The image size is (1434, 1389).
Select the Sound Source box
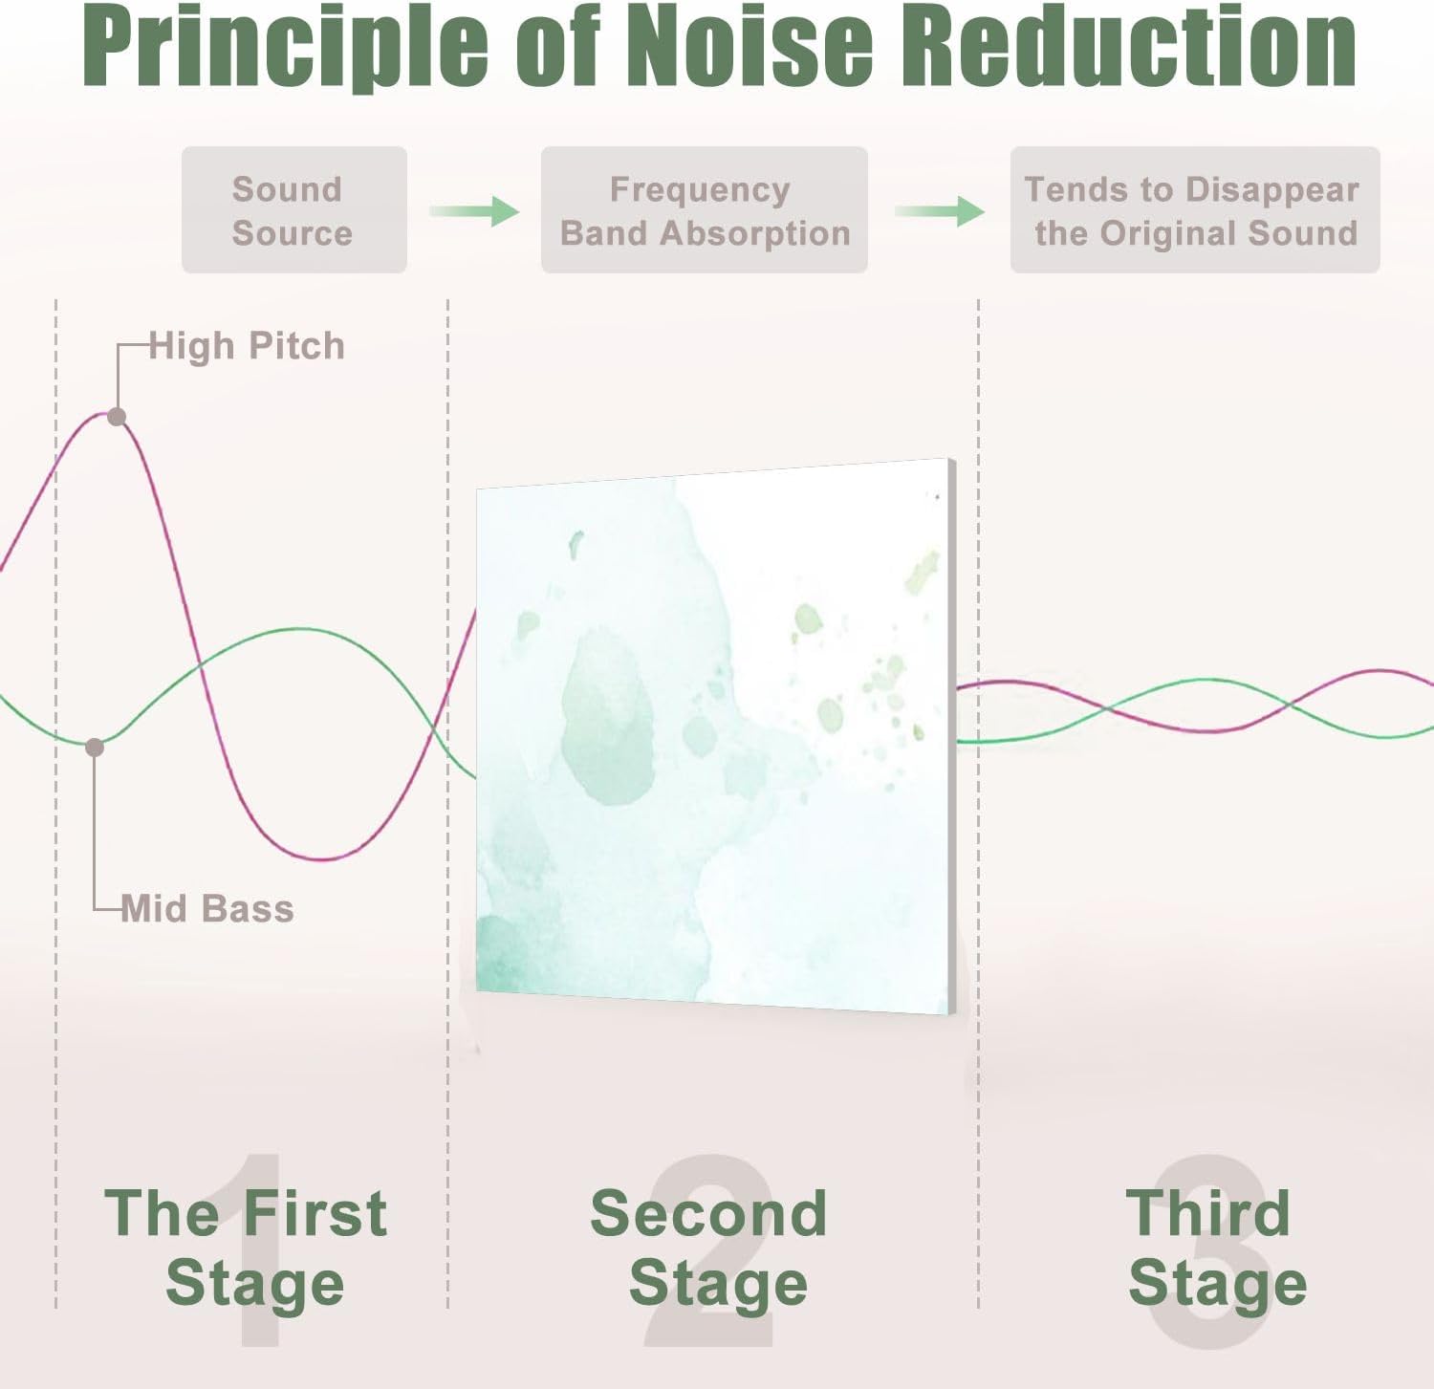coord(293,210)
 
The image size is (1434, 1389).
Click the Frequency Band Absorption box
coord(704,210)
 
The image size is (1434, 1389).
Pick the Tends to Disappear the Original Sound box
coord(1194,210)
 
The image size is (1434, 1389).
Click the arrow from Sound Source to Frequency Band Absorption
coord(474,210)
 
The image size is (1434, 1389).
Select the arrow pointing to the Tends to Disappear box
coord(940,210)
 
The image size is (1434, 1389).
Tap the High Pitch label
coord(247,346)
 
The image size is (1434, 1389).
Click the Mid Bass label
coord(207,908)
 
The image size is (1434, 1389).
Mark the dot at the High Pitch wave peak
coord(117,417)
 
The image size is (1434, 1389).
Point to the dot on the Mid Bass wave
coord(95,747)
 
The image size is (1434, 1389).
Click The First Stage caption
coord(247,1248)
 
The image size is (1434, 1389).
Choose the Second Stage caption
coord(709,1248)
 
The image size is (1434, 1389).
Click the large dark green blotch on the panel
coord(608,717)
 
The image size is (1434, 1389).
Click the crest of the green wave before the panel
coord(299,629)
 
